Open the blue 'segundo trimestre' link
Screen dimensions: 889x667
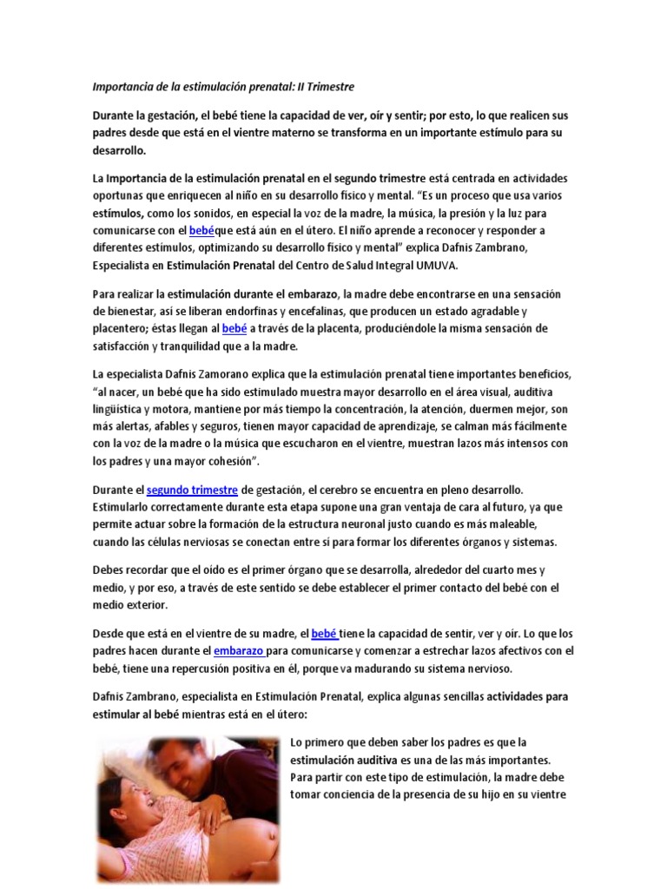tap(191, 491)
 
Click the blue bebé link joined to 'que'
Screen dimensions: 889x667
tap(201, 230)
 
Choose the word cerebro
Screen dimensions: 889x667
tap(336, 491)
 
